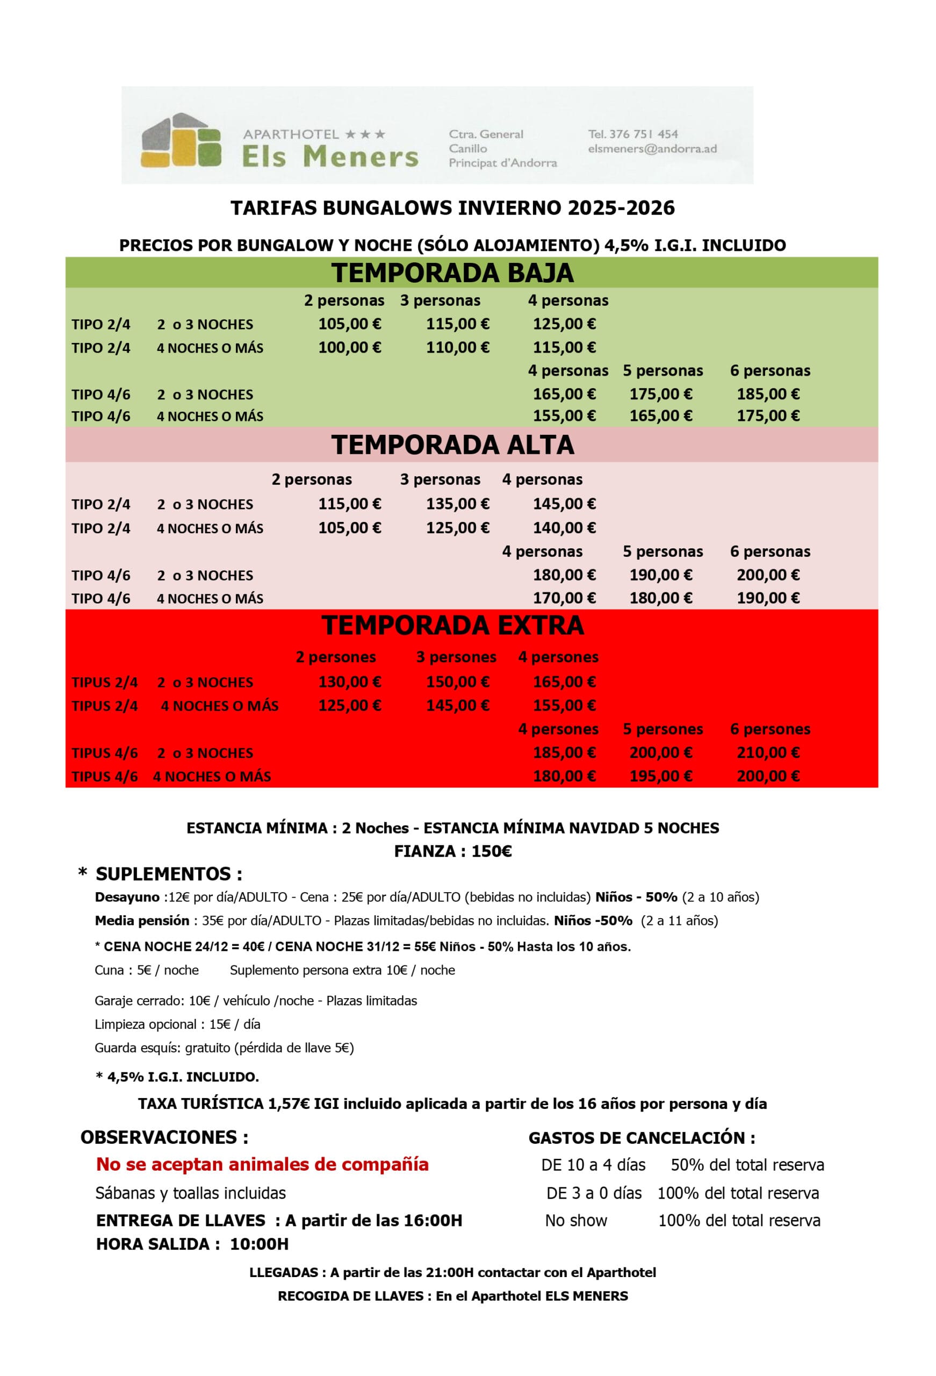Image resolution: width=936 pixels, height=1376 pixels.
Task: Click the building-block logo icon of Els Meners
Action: click(181, 140)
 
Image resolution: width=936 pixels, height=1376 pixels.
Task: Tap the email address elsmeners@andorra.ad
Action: click(652, 148)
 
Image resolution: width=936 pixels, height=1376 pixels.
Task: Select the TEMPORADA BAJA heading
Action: click(452, 273)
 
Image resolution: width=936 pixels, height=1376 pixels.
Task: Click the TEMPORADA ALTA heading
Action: click(452, 445)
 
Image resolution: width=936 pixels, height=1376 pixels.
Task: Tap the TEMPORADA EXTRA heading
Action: click(452, 625)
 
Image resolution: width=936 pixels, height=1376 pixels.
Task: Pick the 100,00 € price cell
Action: click(349, 347)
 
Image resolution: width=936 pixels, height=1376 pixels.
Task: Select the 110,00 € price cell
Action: click(458, 347)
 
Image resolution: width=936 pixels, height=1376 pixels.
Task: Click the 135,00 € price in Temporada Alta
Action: click(458, 504)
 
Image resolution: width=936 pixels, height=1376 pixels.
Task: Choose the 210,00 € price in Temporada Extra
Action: click(768, 752)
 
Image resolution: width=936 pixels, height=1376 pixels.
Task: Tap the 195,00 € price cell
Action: click(661, 776)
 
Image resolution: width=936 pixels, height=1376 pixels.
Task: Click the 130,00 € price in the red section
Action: click(349, 682)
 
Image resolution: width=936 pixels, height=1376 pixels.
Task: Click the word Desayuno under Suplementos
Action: click(127, 897)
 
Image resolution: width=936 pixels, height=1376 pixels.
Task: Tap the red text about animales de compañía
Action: click(262, 1164)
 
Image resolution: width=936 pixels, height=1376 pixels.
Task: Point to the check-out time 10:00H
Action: click(259, 1244)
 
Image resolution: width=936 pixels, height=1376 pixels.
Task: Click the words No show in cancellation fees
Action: click(575, 1220)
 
